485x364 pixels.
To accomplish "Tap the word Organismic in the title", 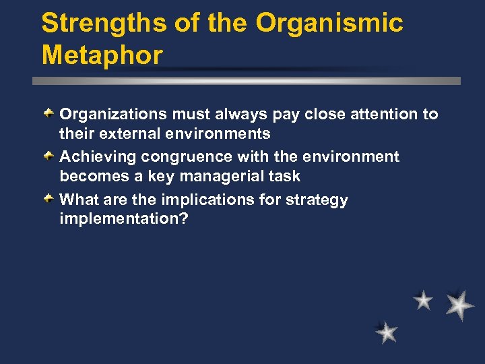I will tap(329, 23).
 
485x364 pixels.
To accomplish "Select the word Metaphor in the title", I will tap(102, 55).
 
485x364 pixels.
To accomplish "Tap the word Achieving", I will tap(98, 157).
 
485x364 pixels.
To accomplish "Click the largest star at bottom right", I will tap(459, 305).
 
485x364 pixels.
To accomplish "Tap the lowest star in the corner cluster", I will tap(387, 332).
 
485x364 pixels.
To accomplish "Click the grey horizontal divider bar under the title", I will tap(247, 80).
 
